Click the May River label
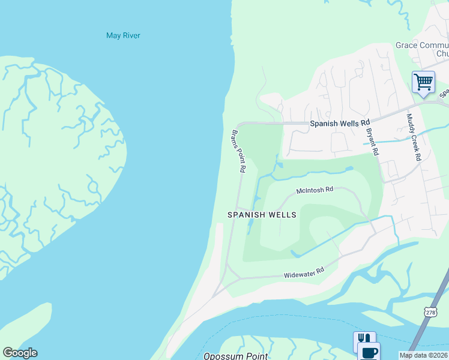coord(123,35)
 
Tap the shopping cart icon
coord(423,81)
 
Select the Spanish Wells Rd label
coord(339,124)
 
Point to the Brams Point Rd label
coord(238,151)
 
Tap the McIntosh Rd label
coord(315,190)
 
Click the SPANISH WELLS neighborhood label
coord(262,214)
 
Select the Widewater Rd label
coord(304,273)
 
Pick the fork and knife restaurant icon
coord(364,340)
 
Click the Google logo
coord(20,353)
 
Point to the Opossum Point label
coord(235,356)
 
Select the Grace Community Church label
coord(422,49)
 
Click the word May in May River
coord(113,35)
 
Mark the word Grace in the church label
coord(406,45)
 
